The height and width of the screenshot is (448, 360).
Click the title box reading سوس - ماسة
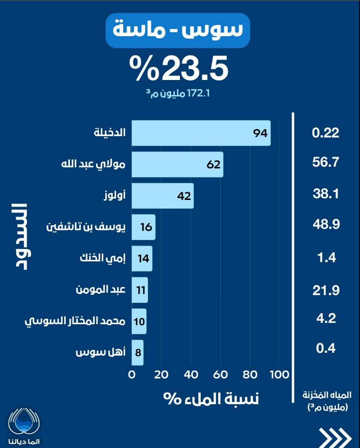point(178,31)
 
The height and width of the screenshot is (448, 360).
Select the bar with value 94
point(201,133)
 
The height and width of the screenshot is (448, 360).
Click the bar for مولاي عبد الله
point(177,165)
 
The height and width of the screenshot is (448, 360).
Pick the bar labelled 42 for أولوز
point(162,196)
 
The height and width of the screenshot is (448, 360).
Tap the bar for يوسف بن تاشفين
point(143,227)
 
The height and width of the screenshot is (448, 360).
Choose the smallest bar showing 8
point(137,353)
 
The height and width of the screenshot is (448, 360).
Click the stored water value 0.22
point(325,133)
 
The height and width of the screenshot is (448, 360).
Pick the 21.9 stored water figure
point(325,290)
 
